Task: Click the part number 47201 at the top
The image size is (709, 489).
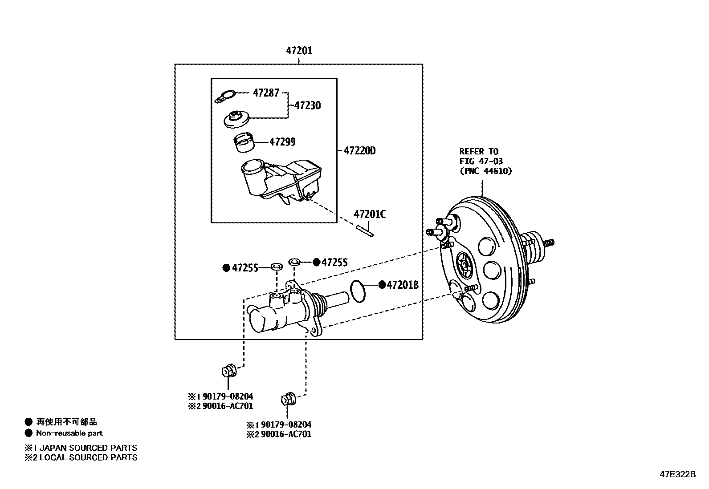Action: [x=299, y=51]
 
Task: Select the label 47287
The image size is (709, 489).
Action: [x=266, y=93]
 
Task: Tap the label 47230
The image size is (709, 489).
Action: [x=307, y=106]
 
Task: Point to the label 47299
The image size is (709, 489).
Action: [x=282, y=142]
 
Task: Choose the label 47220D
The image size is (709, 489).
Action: [x=359, y=151]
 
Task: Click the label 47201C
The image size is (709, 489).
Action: [x=370, y=214]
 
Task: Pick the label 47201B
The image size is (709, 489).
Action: [x=403, y=285]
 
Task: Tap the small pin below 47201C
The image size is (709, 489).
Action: [x=365, y=232]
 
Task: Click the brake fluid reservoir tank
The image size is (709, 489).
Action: [x=281, y=180]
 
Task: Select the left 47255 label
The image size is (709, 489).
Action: [x=245, y=268]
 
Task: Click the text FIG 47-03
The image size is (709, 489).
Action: [x=481, y=161]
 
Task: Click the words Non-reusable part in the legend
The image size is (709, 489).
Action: [x=69, y=433]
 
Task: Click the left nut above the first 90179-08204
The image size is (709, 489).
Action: [x=228, y=370]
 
